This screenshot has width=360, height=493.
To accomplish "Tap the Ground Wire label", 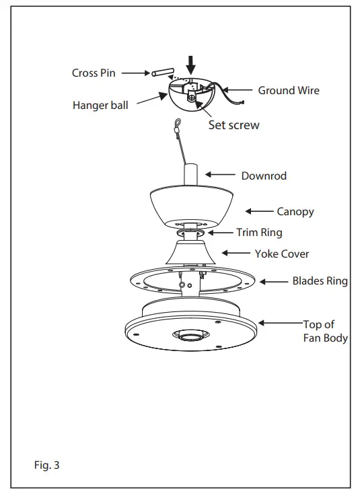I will coord(289,90).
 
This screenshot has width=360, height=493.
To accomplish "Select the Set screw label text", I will coord(234,124).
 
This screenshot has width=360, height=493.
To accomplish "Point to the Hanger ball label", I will coord(102,106).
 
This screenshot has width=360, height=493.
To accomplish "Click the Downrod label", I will coord(264,176).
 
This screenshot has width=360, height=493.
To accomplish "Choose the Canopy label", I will coord(295,211).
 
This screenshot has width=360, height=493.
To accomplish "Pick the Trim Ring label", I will coord(259,233).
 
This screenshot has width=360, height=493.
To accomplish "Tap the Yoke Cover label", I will coord(282,254).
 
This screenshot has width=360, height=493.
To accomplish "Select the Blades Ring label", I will coord(320,281).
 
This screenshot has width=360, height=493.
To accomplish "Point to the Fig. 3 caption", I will coord(46,464).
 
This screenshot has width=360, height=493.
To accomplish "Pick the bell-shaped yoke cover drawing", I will coord(190,253).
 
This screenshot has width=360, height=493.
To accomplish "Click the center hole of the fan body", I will coord(190,334).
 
